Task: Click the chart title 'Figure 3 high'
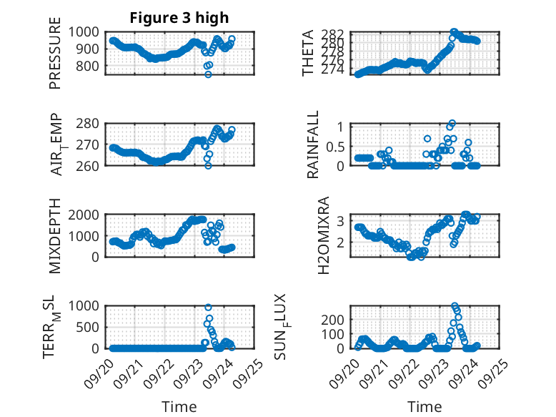coord(179,18)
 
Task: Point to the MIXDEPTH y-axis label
coord(56,235)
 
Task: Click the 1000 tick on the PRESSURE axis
coord(89,31)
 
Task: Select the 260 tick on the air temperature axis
coord(92,165)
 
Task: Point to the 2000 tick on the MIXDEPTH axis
coord(89,215)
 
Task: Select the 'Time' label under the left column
coord(179,406)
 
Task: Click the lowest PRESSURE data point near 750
coord(208,74)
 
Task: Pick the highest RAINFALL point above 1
coord(452,123)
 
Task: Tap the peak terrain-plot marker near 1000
coord(208,308)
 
